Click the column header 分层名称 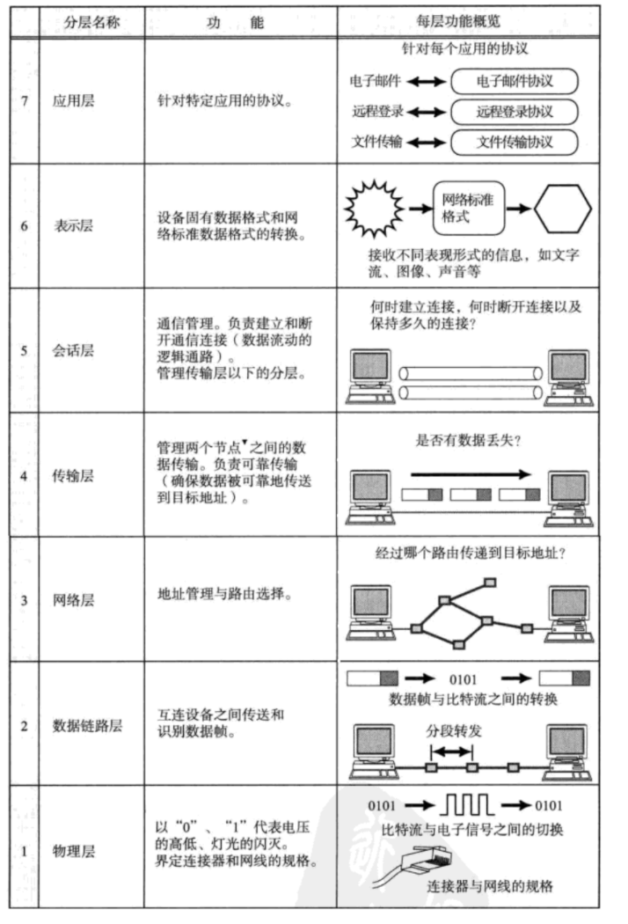pos(91,23)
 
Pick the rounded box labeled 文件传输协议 pos(515,142)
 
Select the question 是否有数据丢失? pos(467,442)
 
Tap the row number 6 pos(24,225)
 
